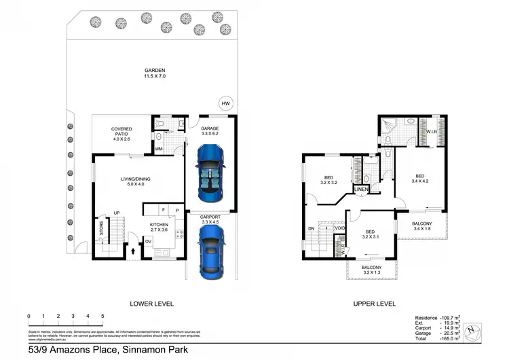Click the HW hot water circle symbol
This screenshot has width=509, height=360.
point(227,103)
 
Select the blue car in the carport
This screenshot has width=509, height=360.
point(211,249)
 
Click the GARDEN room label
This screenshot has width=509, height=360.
point(154,70)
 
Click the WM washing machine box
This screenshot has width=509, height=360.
point(158,149)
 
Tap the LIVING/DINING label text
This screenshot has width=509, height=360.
point(130,179)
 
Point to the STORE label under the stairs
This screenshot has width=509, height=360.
point(101,230)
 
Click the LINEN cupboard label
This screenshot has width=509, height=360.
point(361,189)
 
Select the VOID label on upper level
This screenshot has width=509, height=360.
point(339,228)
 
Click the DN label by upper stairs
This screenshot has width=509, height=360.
point(312,229)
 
